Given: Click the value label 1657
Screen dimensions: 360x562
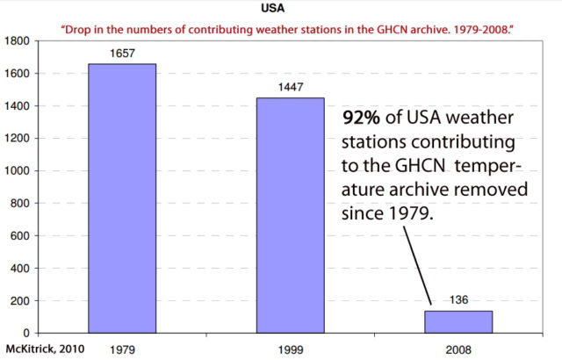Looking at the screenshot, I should [x=121, y=54].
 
